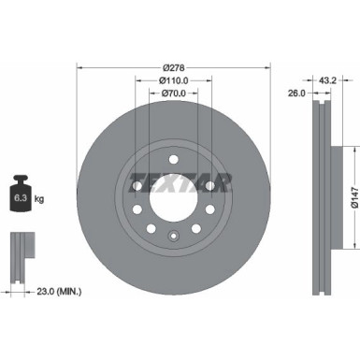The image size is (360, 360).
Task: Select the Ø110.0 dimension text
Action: point(173,81)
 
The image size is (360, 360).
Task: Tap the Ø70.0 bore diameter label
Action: point(173,94)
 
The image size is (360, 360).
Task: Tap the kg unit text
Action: point(38,199)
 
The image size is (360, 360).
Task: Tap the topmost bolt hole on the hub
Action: point(173,158)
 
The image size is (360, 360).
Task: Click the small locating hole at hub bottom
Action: point(173,234)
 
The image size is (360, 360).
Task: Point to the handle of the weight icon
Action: point(20,178)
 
